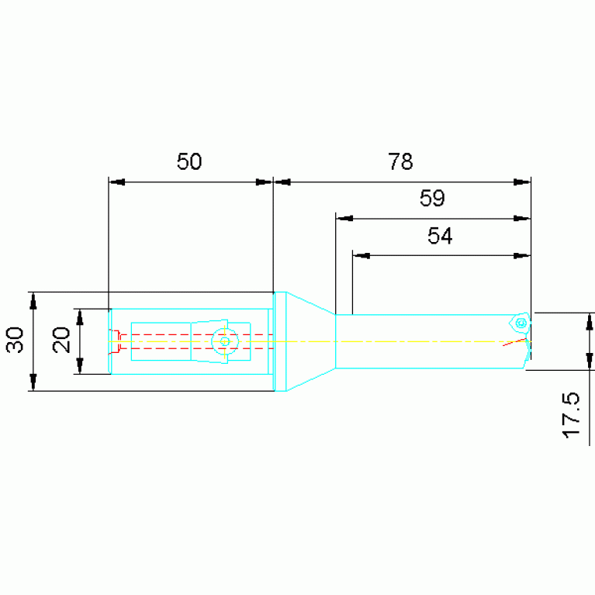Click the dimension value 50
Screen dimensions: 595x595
click(189, 161)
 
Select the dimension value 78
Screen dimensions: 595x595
click(400, 161)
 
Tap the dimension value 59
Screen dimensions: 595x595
click(432, 198)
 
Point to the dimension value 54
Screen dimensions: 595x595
click(440, 236)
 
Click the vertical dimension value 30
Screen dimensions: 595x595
click(15, 340)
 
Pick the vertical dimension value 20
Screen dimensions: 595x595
click(61, 340)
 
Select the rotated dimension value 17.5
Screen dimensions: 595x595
click(571, 416)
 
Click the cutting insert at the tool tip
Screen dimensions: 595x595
click(521, 323)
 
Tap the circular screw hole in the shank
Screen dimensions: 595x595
click(225, 341)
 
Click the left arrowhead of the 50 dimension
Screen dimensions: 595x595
click(116, 182)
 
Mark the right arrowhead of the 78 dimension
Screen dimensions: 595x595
click(522, 182)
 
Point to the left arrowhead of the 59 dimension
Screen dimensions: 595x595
click(344, 219)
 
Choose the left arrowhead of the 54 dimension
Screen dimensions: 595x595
click(361, 255)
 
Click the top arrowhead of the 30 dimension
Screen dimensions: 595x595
click(33, 300)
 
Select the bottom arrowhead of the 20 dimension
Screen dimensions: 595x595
click(80, 366)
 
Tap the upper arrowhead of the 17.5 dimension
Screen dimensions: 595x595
click(590, 321)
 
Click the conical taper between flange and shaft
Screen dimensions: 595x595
click(311, 341)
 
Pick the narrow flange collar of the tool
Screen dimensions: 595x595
click(280, 341)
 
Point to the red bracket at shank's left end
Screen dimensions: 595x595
click(115, 342)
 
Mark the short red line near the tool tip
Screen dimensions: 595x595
click(514, 342)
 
